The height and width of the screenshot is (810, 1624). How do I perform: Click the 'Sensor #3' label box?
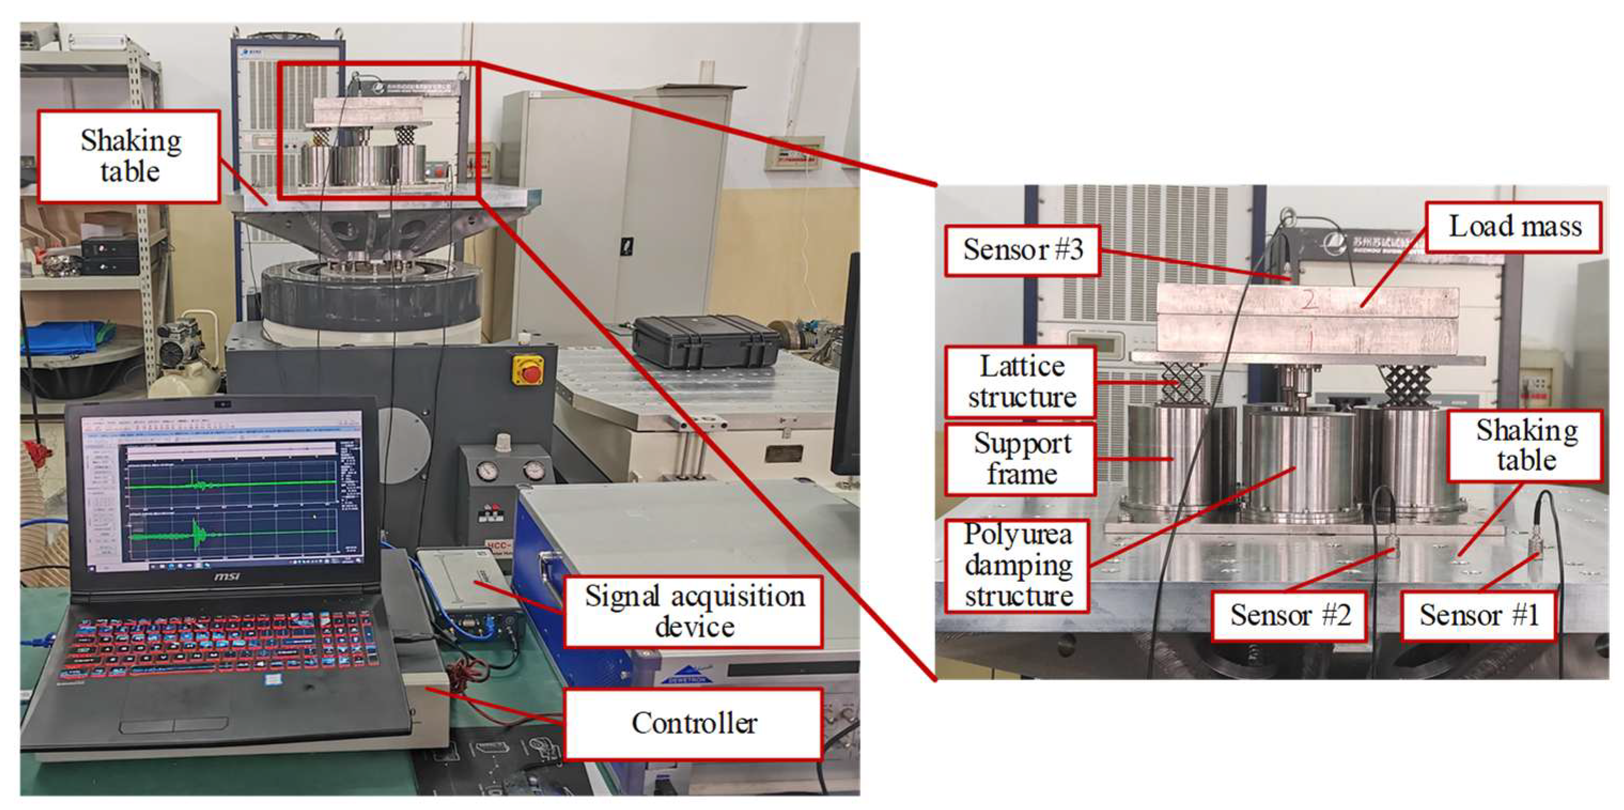[x=1022, y=250]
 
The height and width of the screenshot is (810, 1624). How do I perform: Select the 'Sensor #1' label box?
[x=1478, y=615]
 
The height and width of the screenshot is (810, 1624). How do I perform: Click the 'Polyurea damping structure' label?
[x=1018, y=565]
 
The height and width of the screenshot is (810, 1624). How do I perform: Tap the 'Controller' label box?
[x=693, y=723]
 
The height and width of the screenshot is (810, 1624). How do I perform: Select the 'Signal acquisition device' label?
[x=693, y=611]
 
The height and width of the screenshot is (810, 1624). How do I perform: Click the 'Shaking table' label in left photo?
[x=130, y=157]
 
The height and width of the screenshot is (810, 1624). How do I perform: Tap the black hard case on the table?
[x=705, y=342]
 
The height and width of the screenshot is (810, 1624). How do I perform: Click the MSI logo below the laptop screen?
[x=227, y=576]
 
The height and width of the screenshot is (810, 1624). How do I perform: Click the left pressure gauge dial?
[x=487, y=470]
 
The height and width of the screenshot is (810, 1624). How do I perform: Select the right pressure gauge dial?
[x=533, y=470]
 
